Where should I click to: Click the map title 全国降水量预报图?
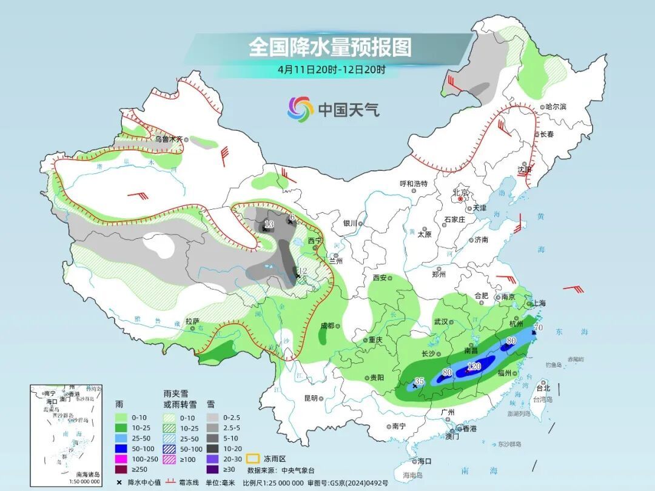click(x=330, y=47)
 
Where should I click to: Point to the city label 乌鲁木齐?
click(x=168, y=139)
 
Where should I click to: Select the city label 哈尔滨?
click(x=556, y=107)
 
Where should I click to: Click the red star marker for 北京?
click(x=461, y=198)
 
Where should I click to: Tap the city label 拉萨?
click(x=192, y=321)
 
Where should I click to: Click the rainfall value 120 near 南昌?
click(x=474, y=366)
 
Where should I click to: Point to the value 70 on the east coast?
click(x=539, y=328)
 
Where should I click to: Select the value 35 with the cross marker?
click(x=418, y=382)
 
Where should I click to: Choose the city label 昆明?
click(x=311, y=398)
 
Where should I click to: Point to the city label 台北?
click(x=543, y=388)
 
